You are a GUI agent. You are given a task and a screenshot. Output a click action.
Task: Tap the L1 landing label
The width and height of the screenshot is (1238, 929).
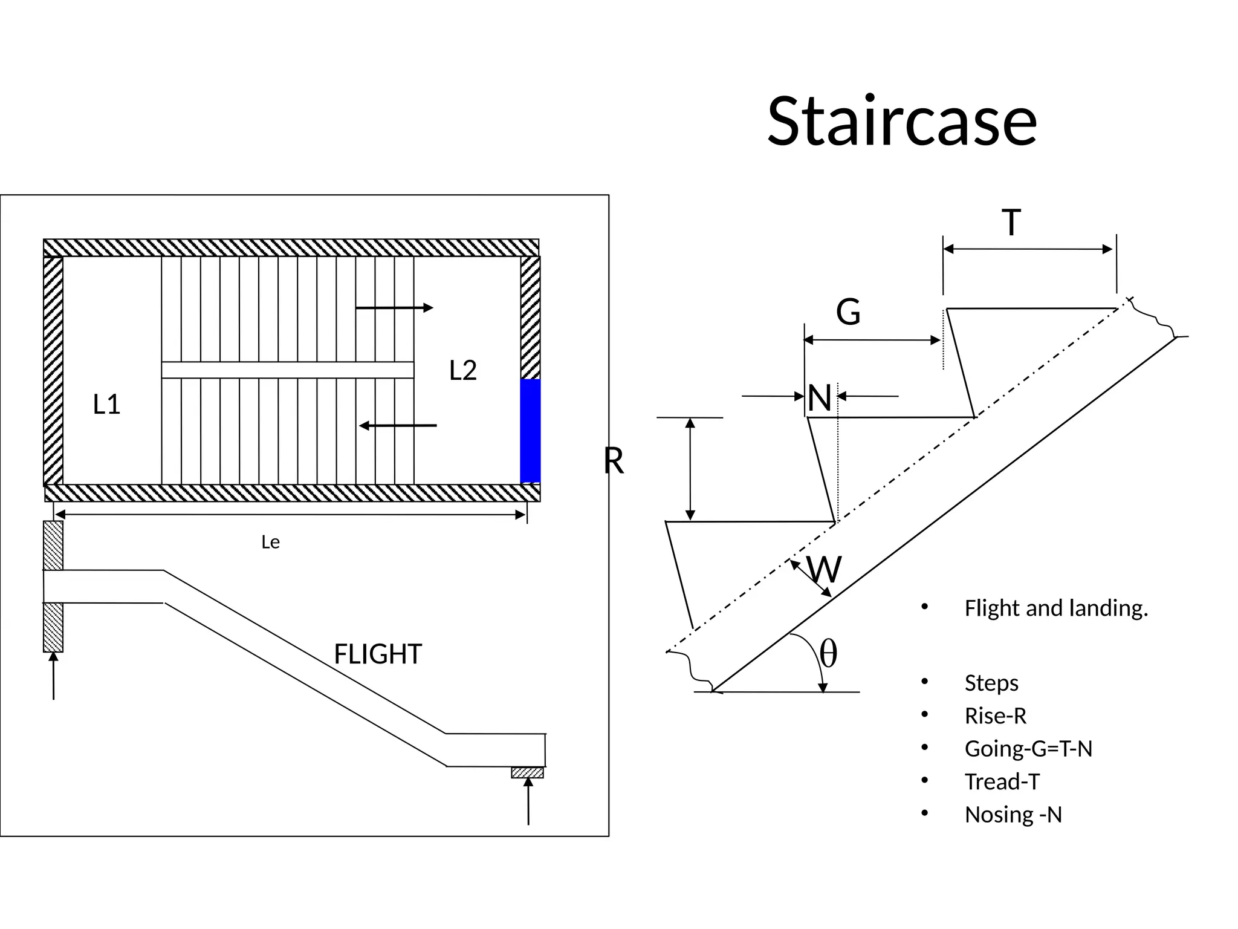(x=107, y=404)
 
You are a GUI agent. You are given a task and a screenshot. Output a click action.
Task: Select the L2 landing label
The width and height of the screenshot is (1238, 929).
(x=463, y=370)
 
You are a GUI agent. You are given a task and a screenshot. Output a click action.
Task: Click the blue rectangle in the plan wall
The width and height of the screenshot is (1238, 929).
(x=530, y=431)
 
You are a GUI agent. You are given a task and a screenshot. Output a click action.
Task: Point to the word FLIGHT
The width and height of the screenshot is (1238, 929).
(x=378, y=654)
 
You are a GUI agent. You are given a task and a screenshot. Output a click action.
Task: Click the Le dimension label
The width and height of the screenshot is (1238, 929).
(x=270, y=542)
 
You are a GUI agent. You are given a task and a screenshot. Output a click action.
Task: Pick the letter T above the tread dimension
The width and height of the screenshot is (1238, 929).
(x=1011, y=222)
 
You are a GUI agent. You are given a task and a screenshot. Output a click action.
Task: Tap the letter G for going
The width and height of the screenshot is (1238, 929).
(x=848, y=312)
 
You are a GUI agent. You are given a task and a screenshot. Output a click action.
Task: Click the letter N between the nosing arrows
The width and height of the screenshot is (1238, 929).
(x=820, y=398)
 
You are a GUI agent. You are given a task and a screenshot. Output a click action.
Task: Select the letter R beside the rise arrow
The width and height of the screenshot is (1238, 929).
(x=614, y=461)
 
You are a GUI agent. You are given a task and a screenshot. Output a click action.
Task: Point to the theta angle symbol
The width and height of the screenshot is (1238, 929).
(x=828, y=654)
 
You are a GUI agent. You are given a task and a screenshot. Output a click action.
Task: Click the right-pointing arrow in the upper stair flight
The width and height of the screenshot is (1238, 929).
(x=394, y=308)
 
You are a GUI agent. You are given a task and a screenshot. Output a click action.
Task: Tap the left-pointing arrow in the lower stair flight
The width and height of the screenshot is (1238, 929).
(x=398, y=426)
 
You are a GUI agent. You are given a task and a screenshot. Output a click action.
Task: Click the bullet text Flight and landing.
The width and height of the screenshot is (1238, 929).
(x=1056, y=608)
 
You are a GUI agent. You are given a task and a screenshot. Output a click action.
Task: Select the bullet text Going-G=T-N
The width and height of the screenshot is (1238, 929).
(x=1028, y=749)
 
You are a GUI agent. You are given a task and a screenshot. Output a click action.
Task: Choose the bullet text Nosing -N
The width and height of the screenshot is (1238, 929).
(x=1013, y=815)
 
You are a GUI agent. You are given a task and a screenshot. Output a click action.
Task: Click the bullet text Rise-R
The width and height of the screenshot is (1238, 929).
(x=996, y=716)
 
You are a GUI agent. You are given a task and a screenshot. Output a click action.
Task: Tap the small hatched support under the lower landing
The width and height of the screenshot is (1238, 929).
(x=527, y=772)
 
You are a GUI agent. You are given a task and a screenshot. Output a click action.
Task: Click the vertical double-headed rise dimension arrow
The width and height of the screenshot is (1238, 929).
(x=690, y=469)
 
